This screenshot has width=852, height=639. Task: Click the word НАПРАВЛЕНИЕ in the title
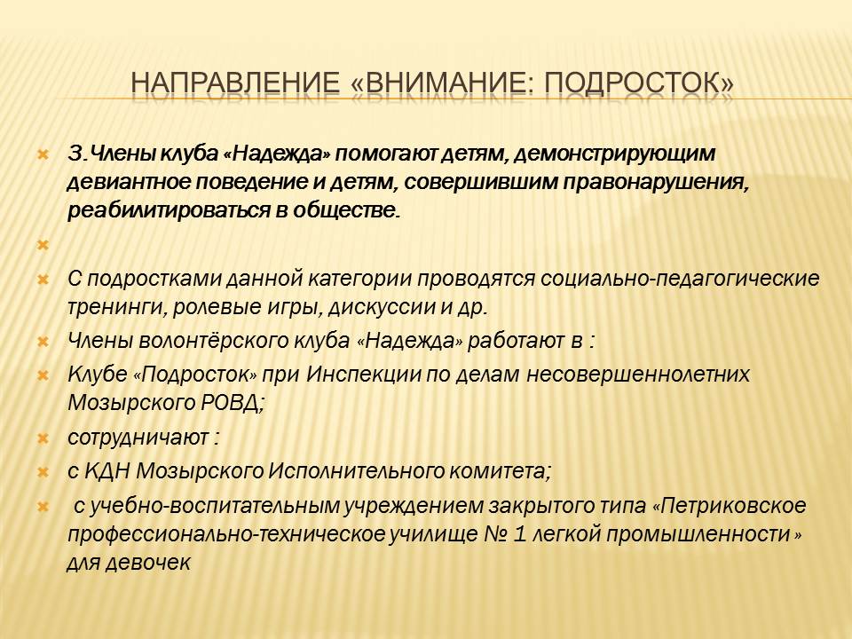pos(235,83)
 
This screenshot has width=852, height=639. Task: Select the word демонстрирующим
pos(614,154)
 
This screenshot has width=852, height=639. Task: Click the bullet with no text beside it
pos(43,245)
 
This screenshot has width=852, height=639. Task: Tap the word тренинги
pos(117,308)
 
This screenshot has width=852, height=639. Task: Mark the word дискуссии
pos(383,308)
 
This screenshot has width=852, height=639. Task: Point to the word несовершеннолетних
pos(638,375)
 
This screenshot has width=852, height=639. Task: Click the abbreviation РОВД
pos(233,403)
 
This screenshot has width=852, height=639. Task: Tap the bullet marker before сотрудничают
pos(43,438)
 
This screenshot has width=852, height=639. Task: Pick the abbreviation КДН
pos(107,471)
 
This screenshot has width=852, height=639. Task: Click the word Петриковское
pos(734,506)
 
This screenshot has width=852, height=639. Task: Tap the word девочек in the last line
pos(147,563)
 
